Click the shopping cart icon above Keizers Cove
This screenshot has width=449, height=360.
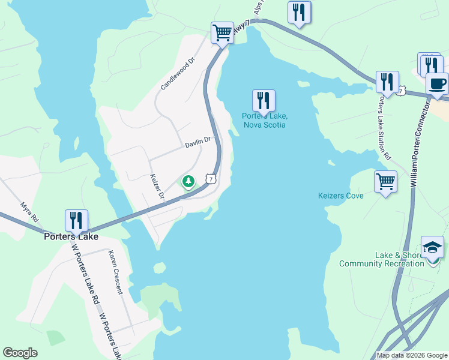coord(385,181)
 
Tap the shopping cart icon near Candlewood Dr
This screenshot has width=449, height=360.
coord(222,32)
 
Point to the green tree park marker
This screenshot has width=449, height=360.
coord(188,181)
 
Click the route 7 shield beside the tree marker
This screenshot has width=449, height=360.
coord(210,179)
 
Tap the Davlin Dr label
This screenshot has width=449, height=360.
coord(198,142)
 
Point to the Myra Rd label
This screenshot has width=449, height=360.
coord(29,211)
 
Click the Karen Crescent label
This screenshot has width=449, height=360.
coord(115,272)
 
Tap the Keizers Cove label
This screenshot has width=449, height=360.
coord(340,196)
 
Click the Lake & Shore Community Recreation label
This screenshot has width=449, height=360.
coord(382,259)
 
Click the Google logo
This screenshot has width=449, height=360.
coord(20,353)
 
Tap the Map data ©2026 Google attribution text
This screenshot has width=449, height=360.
coord(412,355)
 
